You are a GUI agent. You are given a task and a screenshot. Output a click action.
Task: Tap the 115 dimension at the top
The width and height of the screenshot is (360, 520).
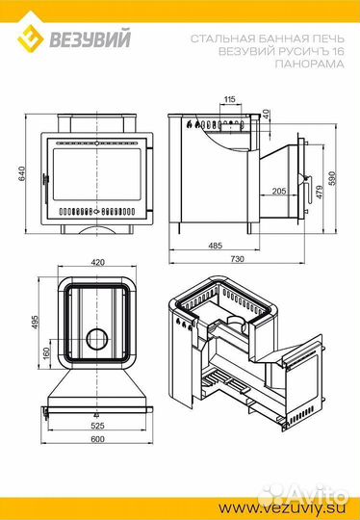(x=229, y=99)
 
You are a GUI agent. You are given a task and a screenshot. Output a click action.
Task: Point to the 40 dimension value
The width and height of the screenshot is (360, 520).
(x=266, y=115)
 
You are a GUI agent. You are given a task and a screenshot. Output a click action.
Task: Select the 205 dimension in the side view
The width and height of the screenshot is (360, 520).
(x=279, y=191)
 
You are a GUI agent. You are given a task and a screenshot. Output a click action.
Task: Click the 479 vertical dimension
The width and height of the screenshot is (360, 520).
(x=320, y=192)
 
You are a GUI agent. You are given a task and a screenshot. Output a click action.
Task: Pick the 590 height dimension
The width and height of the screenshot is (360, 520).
(x=333, y=178)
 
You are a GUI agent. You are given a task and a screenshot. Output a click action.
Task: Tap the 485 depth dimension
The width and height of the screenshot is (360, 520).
(x=216, y=246)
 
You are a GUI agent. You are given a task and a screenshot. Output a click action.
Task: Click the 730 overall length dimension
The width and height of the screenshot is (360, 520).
(x=237, y=259)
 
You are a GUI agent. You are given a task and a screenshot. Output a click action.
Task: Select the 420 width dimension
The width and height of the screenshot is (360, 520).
(x=97, y=262)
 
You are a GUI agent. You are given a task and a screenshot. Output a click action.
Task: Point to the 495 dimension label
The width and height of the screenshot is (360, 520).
(x=35, y=323)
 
